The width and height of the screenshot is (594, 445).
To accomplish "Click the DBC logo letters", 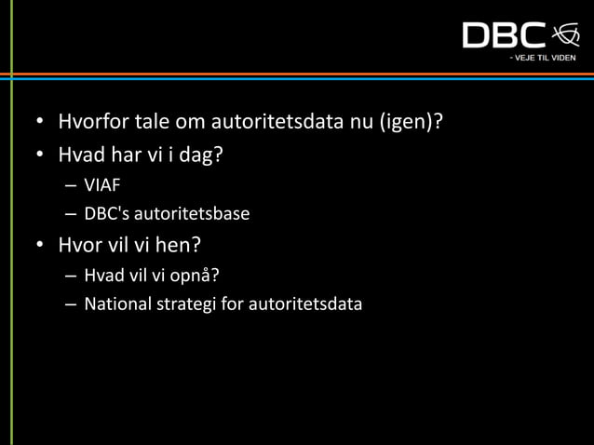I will coord(504,35).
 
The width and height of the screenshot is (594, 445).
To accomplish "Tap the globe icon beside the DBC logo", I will coord(564,34).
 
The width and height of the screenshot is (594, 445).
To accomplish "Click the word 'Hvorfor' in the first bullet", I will coord(93,122).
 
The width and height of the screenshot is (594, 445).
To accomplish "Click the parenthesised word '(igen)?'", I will coord(410,122).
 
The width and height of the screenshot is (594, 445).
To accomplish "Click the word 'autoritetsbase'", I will coord(194,214).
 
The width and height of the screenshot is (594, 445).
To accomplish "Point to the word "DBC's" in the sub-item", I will coord(108,214).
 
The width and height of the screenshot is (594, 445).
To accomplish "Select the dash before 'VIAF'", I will coord(71,185).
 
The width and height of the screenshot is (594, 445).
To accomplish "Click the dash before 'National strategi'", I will coord(71,304).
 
